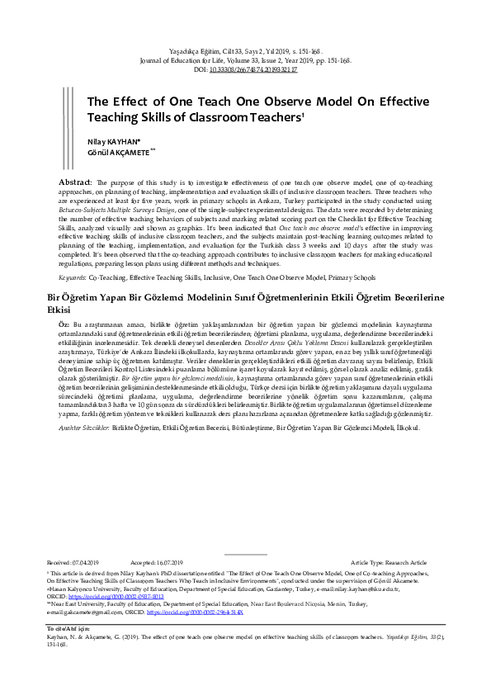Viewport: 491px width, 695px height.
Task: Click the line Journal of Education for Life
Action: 245,60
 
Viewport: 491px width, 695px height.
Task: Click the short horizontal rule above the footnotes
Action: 245,554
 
